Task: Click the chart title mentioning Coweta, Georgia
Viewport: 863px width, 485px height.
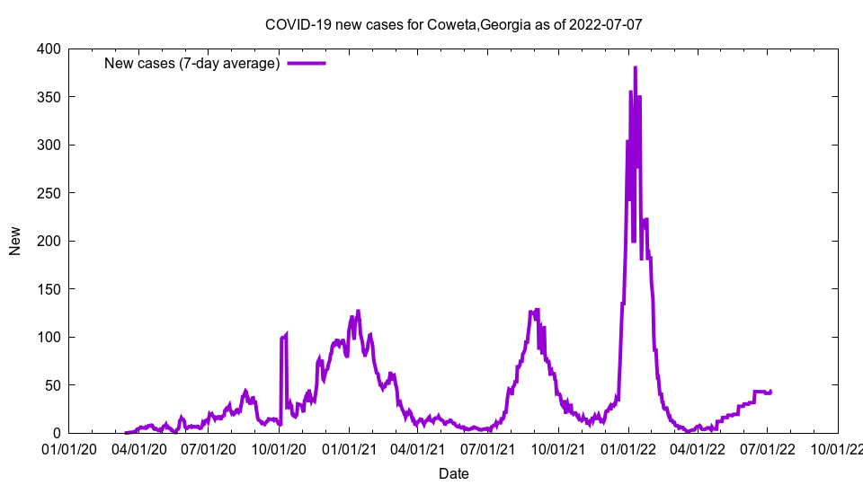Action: coord(453,24)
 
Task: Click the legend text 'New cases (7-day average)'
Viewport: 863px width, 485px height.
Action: coord(191,63)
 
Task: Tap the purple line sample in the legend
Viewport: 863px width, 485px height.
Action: coord(306,63)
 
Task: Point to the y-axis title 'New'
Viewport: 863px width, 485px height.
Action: coord(15,241)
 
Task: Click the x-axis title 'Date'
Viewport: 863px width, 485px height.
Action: coord(453,473)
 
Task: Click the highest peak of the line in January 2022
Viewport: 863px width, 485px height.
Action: coord(635,67)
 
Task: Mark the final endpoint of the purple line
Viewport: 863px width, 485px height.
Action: coord(770,391)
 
